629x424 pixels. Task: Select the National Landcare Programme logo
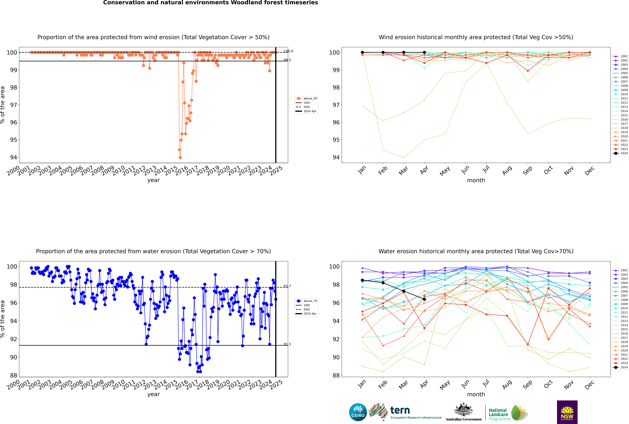point(508,413)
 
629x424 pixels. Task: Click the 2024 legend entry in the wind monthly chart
point(621,153)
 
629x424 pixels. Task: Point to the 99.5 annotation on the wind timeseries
point(287,60)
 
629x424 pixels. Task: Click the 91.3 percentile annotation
point(287,344)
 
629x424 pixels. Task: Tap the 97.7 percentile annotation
point(287,286)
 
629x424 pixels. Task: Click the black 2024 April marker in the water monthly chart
point(424,299)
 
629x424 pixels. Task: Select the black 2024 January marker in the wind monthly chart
point(362,52)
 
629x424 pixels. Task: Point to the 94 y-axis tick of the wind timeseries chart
point(13,157)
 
